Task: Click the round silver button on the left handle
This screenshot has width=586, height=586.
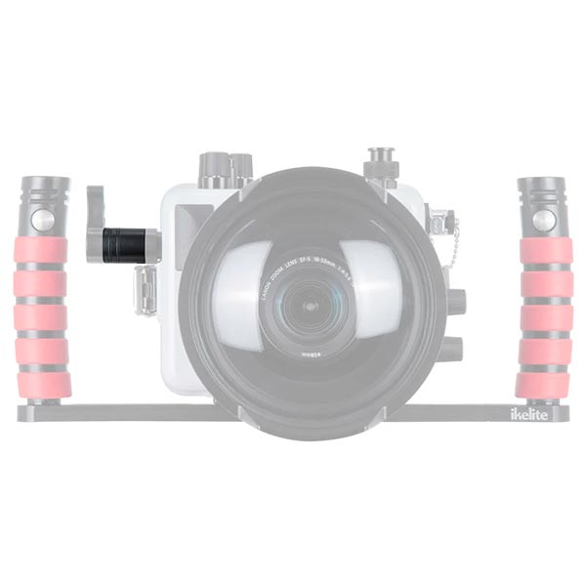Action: point(44,221)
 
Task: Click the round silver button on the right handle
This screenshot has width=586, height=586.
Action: point(544,221)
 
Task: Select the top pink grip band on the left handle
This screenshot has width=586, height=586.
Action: point(42,252)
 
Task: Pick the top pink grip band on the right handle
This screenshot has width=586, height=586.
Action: point(545,251)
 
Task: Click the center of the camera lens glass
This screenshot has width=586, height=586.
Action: point(311,306)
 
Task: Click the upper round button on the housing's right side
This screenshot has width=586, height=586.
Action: point(455,300)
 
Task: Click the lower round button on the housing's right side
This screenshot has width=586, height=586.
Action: point(451,347)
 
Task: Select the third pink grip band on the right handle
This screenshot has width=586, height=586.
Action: point(545,318)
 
